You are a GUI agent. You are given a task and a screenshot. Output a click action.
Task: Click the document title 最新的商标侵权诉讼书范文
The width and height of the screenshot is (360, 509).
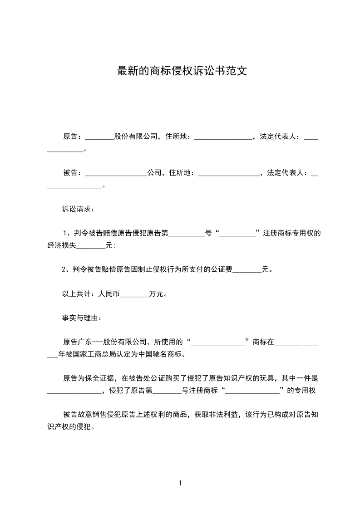pos(182,71)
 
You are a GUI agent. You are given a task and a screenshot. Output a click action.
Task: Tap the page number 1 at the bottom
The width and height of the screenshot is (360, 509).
pos(180,483)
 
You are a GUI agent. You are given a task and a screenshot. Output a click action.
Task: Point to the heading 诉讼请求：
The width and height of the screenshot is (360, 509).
pos(78,210)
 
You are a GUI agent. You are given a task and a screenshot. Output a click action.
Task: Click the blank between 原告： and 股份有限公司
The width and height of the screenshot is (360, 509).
pos(99,137)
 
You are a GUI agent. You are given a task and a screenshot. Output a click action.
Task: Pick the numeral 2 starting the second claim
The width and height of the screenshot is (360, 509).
pos(64,269)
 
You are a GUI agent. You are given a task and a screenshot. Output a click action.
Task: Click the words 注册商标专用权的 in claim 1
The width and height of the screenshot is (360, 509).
pos(292,234)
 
